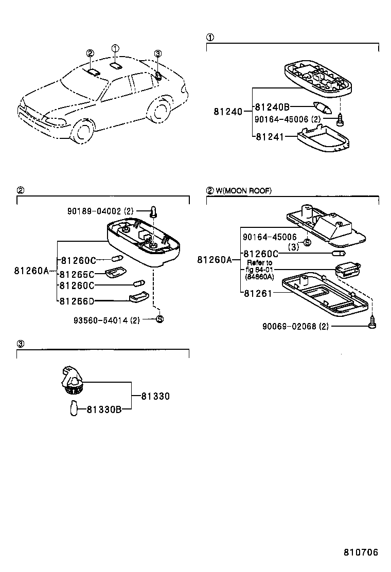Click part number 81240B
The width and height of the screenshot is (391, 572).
point(273,107)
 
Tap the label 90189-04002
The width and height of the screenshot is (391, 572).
point(94,211)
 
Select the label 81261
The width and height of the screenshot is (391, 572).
point(257,293)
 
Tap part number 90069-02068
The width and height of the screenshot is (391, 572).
point(288,326)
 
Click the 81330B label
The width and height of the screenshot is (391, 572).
point(103,409)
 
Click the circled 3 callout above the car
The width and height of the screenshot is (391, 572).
point(158,53)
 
